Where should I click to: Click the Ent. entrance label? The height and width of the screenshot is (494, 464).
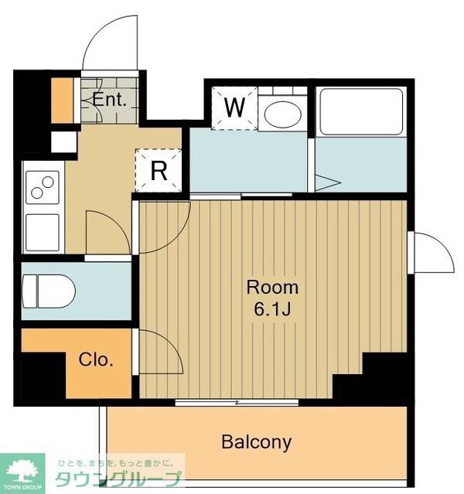point(109,100)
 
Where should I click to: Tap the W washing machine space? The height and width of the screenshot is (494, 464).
point(234,108)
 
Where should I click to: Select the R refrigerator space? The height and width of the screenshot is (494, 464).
point(159,170)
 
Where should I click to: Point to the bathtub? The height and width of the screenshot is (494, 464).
point(361,112)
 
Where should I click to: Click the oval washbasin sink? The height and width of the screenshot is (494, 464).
point(281,114)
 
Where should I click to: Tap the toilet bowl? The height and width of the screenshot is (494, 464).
point(49,291)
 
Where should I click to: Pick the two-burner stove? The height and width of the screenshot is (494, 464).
point(43,187)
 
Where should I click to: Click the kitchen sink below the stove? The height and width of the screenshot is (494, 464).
point(43,233)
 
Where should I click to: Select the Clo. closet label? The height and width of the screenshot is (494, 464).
point(96,359)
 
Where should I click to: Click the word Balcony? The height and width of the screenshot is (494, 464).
point(256,442)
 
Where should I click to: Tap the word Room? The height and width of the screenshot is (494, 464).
point(272,288)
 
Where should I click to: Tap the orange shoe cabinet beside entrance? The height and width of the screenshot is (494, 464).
point(62,101)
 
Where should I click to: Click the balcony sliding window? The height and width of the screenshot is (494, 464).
point(237,402)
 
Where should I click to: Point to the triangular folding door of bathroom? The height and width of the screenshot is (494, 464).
point(328,182)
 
